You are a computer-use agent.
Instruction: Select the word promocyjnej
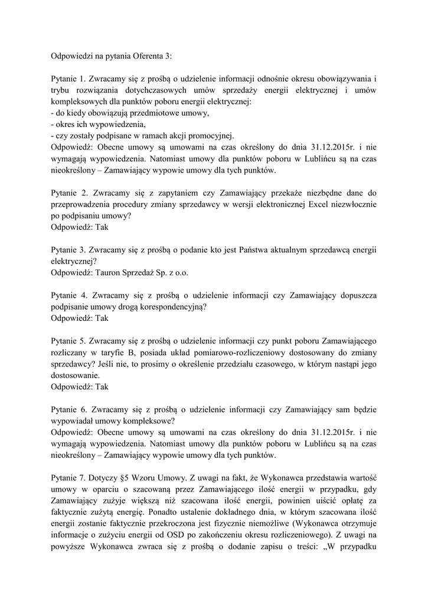pyautogui.click(x=212, y=136)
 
